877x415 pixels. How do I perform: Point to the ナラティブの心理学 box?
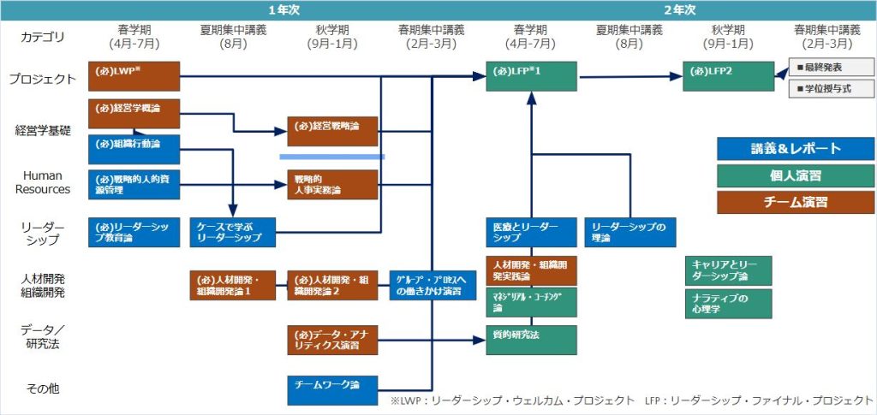point(728,304)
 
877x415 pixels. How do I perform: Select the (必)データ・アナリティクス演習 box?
point(332,339)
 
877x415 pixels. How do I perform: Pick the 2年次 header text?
point(679,9)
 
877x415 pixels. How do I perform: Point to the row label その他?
point(42,389)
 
